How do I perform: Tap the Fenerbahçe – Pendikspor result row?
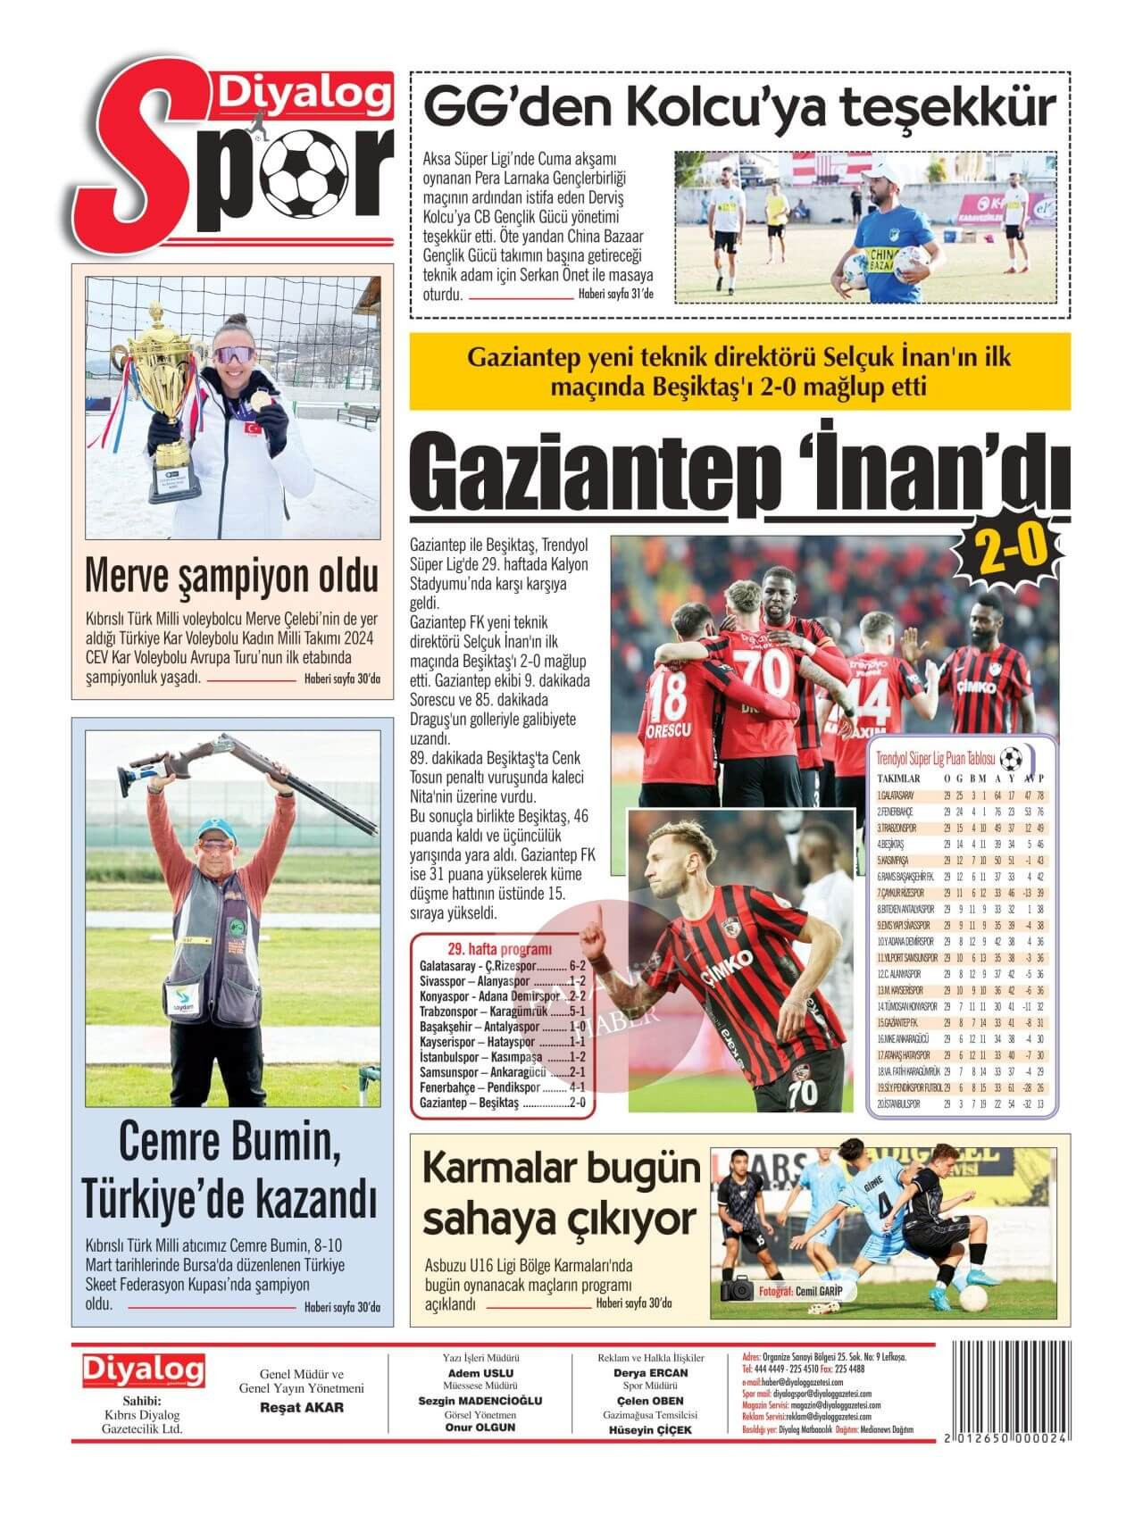(502, 1088)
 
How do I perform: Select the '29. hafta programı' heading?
(499, 949)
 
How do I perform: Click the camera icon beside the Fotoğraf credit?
(738, 1291)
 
